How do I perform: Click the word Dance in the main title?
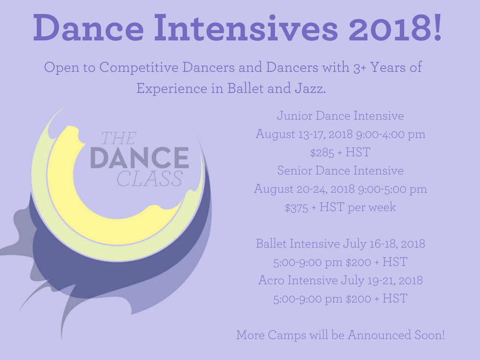coord(89,28)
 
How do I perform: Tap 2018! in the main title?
coord(395,28)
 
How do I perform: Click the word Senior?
coord(295,171)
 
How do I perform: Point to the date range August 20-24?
coord(291,189)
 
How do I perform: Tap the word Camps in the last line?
coord(287,335)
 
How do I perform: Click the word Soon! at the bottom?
coord(429,335)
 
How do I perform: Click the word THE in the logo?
coord(119,138)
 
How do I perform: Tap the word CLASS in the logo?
coord(150,179)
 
